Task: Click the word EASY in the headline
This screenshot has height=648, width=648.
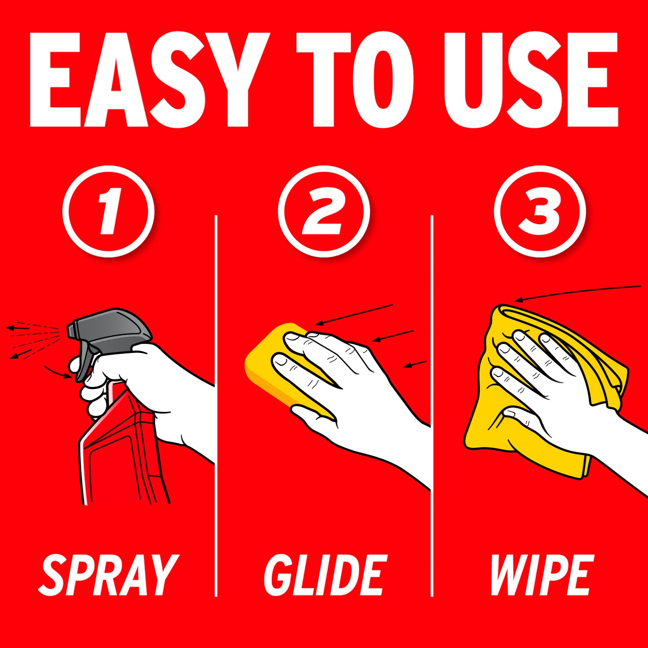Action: click(150, 80)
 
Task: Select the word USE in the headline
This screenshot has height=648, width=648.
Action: click(531, 80)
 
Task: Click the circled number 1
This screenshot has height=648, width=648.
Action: click(108, 212)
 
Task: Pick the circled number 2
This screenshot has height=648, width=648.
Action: click(324, 212)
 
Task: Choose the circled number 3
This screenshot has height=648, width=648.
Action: click(540, 212)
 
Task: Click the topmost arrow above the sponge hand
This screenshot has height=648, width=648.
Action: click(354, 315)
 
